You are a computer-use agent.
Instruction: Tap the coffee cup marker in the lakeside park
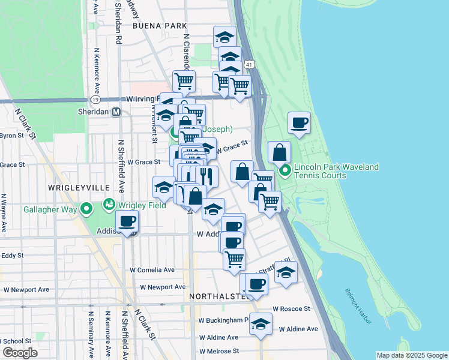tap(299, 123)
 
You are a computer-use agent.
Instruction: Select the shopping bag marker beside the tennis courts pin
tap(280, 152)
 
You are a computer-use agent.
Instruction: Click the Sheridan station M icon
tap(116, 112)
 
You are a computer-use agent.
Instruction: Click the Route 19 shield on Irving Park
tap(95, 99)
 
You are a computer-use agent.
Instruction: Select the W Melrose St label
tap(219, 351)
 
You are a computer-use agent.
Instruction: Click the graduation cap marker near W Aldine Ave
tap(261, 325)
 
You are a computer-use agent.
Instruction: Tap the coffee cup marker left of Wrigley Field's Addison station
tap(127, 221)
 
